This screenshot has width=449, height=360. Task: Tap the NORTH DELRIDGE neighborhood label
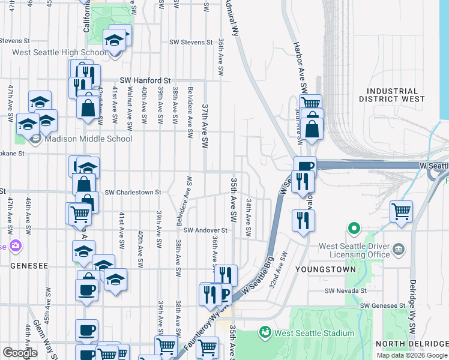coord(412,344)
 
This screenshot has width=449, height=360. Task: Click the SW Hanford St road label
coord(145,80)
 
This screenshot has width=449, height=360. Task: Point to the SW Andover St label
coord(205,230)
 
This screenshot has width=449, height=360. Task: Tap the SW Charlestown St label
coord(133,193)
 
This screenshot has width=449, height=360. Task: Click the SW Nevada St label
coord(345,291)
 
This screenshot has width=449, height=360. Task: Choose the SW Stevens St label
coord(191,43)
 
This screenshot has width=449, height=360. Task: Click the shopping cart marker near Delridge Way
coord(400,211)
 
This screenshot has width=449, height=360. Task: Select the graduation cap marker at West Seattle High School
coord(114,41)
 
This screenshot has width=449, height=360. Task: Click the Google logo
coord(20,353)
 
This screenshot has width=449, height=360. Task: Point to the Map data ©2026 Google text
coord(412,355)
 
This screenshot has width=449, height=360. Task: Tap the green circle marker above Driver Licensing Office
coord(354,228)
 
